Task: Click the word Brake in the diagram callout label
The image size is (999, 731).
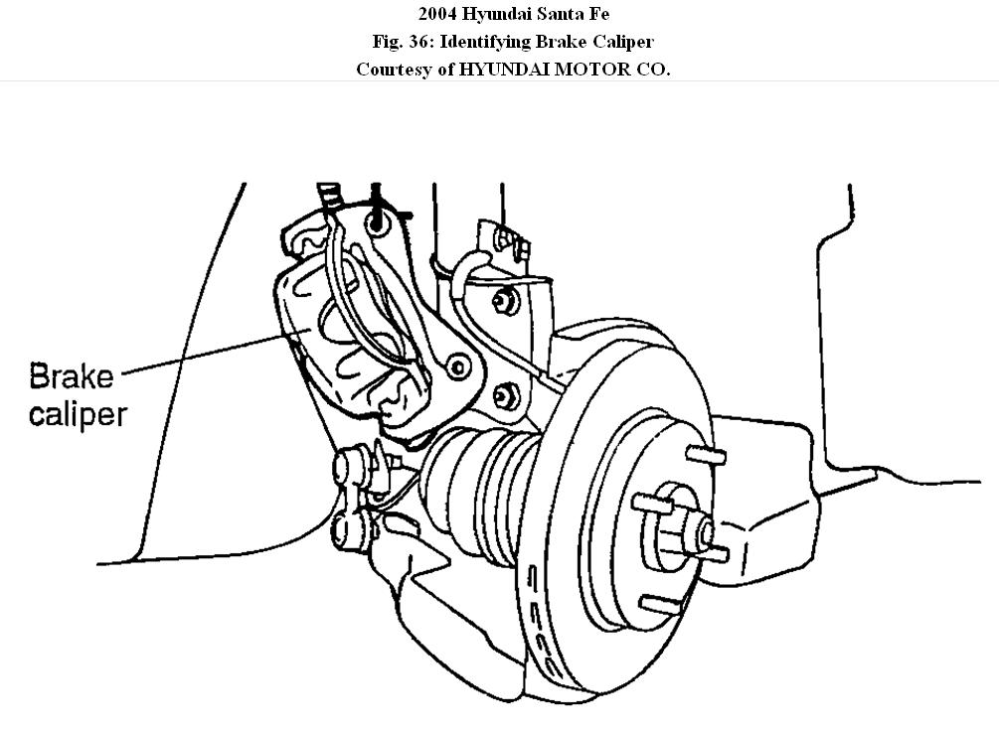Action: (x=72, y=377)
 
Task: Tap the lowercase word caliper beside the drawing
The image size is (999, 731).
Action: (x=78, y=412)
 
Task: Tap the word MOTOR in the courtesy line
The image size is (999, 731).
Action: (x=578, y=71)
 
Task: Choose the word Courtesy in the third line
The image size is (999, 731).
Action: (x=393, y=71)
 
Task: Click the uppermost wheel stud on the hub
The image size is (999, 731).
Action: (x=708, y=456)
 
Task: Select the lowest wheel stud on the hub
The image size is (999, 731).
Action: (x=656, y=603)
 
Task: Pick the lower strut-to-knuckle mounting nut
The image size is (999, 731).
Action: (x=510, y=396)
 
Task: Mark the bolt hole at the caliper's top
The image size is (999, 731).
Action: (x=377, y=225)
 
